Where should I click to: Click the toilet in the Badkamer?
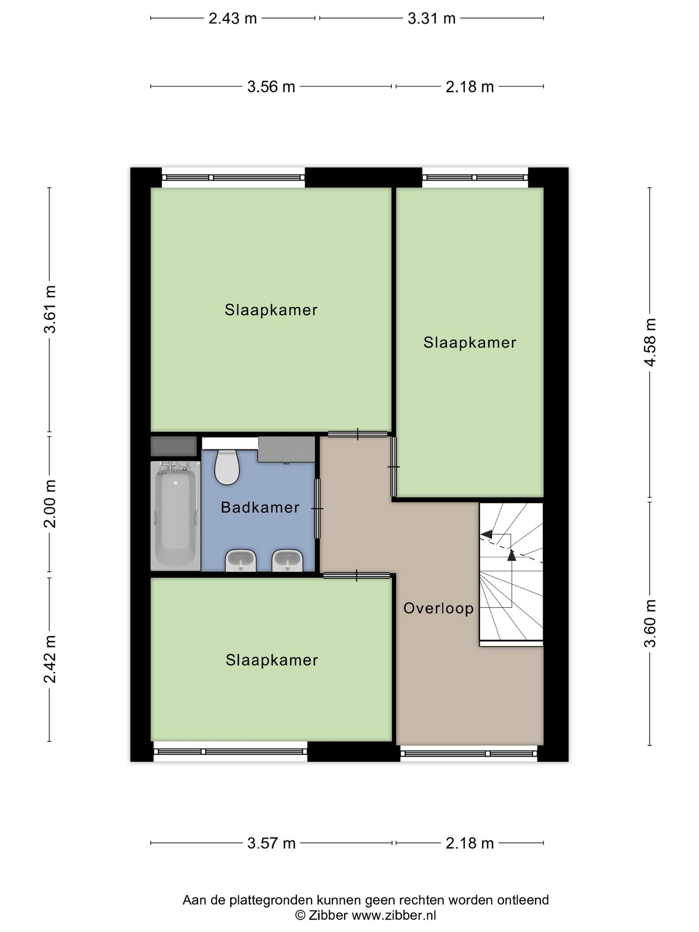coord(227,467)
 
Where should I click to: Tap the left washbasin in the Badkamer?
coord(241,561)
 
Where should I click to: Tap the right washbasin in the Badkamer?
coord(287,561)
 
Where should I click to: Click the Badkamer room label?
coord(260,507)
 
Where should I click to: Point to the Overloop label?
coord(438,608)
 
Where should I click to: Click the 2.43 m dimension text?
coord(233,19)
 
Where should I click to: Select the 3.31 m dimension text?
coord(431,19)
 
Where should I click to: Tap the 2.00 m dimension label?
coord(50,504)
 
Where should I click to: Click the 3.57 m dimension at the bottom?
coord(271,843)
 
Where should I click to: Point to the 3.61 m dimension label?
coord(50,309)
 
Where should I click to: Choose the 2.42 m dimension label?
coord(50,659)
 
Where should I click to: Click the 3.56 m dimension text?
coord(271,86)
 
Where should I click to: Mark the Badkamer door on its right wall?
coord(318,508)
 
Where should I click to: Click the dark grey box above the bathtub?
coord(174,446)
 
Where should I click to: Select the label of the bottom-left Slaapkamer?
coord(272,660)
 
